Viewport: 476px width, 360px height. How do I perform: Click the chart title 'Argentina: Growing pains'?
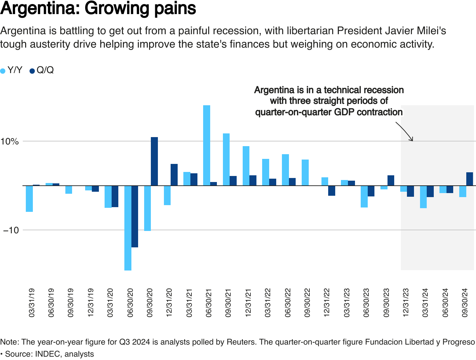tap(98, 9)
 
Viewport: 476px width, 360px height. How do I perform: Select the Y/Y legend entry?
tap(12, 70)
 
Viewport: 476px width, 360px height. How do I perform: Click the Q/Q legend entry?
tap(42, 70)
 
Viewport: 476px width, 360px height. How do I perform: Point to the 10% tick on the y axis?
tap(9, 141)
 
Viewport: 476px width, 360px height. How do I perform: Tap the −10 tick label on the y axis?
tap(11, 230)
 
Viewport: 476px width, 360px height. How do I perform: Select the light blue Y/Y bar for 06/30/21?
tap(206, 145)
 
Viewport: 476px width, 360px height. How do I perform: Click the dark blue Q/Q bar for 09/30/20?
tap(154, 161)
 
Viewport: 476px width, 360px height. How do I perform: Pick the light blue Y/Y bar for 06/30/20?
tap(128, 228)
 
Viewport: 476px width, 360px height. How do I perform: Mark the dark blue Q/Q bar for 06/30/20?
tap(135, 217)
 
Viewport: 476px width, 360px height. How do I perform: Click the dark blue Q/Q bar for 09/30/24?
tap(470, 179)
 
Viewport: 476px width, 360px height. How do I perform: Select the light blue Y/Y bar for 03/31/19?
tap(29, 199)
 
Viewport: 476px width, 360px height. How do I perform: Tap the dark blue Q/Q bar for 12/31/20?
tap(174, 175)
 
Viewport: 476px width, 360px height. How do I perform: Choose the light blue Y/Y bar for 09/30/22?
tap(305, 173)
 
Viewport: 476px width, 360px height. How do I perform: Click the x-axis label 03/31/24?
tap(425, 303)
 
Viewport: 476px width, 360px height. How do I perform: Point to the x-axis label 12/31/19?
tap(91, 303)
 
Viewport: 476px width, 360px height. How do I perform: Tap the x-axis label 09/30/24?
tap(465, 303)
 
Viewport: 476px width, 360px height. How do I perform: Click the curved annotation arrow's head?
tap(412, 140)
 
